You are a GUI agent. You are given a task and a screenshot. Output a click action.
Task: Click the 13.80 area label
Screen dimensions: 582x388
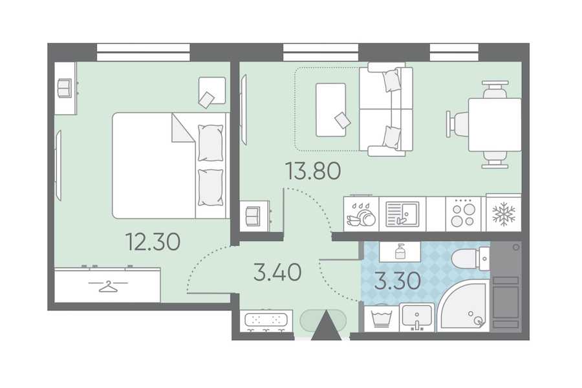tap(313, 171)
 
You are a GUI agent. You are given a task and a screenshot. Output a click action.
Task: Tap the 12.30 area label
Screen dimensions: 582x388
tap(153, 241)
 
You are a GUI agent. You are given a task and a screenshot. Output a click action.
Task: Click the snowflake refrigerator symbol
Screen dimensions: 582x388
tap(504, 214)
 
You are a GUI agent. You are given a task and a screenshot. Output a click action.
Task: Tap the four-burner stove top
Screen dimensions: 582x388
tap(463, 213)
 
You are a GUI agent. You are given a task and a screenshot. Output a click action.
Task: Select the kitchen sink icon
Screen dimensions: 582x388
tap(402, 214)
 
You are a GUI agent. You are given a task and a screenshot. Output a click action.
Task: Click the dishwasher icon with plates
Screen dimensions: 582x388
tap(361, 214)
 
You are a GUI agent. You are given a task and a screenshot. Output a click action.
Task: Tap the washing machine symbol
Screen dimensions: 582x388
tap(382, 318)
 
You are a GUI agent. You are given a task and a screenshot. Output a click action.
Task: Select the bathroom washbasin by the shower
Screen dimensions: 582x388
tap(417, 318)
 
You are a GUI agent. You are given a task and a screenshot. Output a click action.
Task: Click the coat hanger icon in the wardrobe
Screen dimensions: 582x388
tap(107, 286)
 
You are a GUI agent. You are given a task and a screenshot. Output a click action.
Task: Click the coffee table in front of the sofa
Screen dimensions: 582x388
tap(330, 109)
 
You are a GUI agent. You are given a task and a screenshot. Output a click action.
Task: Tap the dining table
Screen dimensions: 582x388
tap(495, 124)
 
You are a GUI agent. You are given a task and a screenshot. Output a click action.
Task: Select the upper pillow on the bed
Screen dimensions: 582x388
tap(210, 142)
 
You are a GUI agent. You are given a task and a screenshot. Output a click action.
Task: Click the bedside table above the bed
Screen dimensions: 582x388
tap(212, 91)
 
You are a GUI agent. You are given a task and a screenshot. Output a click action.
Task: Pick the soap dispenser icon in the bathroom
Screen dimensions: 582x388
tap(400, 252)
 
